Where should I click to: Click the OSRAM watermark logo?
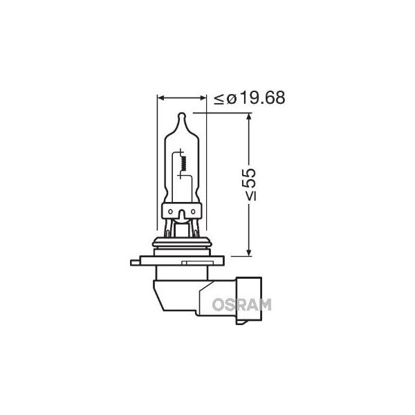[x=241, y=304]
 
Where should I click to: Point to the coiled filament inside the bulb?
[x=185, y=163]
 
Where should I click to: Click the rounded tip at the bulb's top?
[x=181, y=116]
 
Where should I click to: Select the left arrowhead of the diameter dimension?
[x=160, y=98]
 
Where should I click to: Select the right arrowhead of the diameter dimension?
[x=203, y=98]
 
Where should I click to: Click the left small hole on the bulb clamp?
[x=170, y=212]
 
